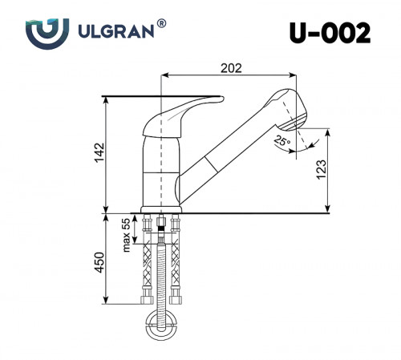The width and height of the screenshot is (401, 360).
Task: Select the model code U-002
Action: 330,33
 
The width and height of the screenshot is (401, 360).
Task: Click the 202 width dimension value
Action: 230,69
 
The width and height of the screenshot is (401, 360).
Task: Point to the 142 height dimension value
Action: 98,153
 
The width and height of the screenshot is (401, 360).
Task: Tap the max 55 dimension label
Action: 127,234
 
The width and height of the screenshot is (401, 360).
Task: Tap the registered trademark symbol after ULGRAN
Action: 162,25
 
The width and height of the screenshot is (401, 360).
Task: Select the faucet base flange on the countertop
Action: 162,212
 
